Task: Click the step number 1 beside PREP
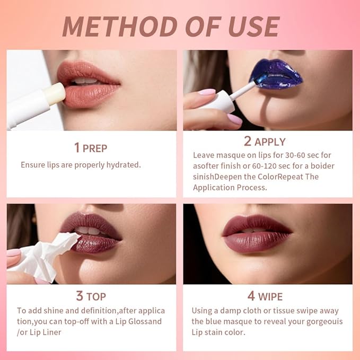coord(77,147)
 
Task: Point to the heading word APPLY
coord(270,142)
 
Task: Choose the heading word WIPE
coord(270,296)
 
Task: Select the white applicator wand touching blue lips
coord(241,91)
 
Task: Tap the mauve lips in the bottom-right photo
coord(257,233)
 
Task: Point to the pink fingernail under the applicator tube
coord(234,119)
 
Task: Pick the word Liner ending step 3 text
coord(52,332)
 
